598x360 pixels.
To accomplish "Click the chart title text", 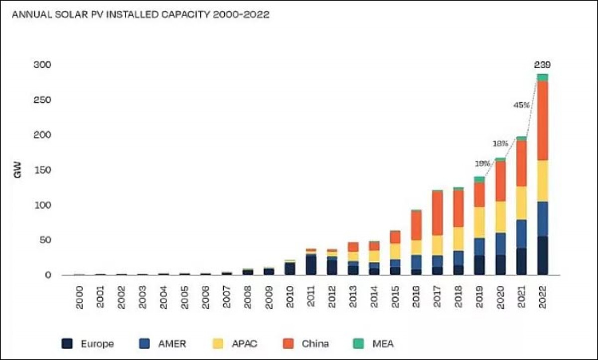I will point(141,15).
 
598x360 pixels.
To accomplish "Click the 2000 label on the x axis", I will point(79,297).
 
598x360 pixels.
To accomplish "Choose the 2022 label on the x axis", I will point(543,297).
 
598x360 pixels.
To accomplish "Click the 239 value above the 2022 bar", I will point(543,65).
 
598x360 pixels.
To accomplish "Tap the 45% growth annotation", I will point(521,105).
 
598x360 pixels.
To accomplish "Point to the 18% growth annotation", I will point(500,143).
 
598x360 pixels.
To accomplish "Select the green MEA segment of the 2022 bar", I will point(543,77).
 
